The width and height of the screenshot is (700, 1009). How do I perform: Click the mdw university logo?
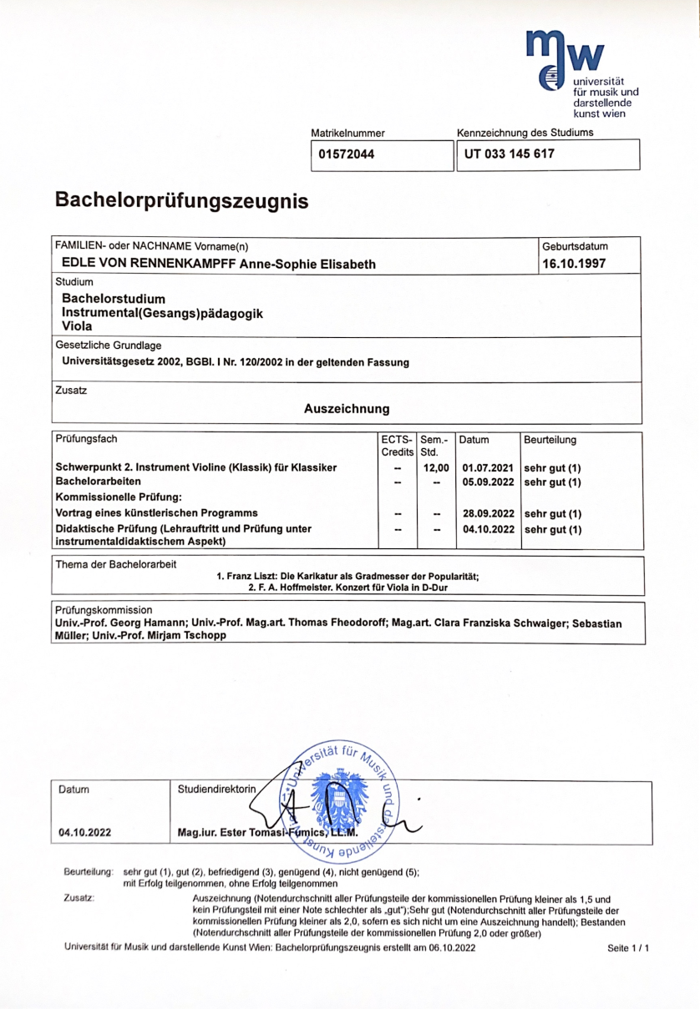[581, 73]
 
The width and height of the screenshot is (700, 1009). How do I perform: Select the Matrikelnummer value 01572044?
[346, 154]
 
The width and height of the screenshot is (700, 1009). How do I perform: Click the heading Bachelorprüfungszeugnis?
[181, 201]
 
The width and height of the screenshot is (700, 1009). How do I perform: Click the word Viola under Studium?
[79, 326]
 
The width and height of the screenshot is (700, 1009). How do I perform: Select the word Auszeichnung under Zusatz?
[347, 409]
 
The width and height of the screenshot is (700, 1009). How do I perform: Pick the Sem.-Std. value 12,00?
[437, 467]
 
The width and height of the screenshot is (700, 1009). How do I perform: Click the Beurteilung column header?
[550, 440]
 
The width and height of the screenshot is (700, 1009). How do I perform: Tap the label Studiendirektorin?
[217, 789]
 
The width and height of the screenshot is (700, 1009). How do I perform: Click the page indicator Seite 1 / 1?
[628, 948]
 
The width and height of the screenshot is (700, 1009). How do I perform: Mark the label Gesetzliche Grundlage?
[109, 346]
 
